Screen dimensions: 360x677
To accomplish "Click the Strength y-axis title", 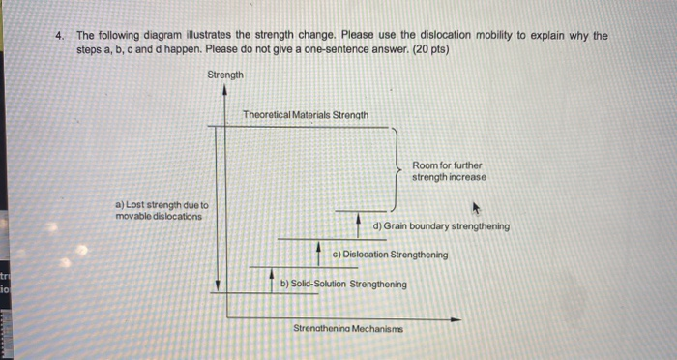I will tap(225, 75).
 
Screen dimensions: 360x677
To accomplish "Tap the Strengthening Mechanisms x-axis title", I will tap(348, 329).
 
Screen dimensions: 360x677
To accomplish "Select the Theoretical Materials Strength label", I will tap(305, 114).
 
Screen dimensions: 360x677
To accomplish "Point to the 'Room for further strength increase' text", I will tap(449, 171).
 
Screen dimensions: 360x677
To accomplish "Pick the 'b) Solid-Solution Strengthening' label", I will tap(343, 285).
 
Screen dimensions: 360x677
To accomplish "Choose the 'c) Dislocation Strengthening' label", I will tap(389, 255).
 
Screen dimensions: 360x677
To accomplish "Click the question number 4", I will tap(61, 36).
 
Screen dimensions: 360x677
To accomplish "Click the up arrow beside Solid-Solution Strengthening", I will tap(272, 278).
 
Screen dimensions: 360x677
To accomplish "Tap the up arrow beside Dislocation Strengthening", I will tap(319, 251).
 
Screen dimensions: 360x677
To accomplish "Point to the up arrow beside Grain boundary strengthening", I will tap(359, 223).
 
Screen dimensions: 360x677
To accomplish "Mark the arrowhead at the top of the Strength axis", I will tap(225, 90).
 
